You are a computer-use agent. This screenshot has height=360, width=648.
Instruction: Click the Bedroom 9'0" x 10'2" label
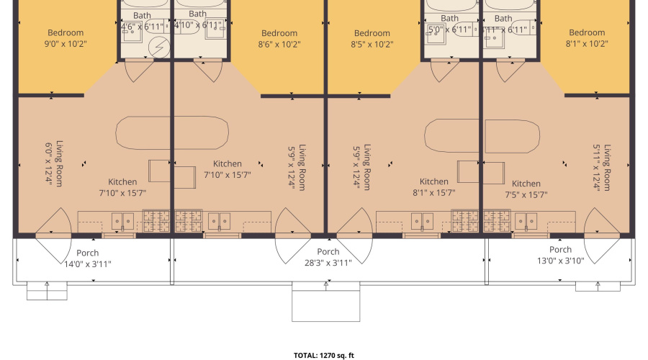(66, 38)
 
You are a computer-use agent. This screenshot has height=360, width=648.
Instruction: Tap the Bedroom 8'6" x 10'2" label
(279, 38)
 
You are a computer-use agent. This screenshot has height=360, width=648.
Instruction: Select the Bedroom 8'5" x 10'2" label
(372, 38)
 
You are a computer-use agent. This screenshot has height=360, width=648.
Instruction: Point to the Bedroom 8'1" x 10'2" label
(587, 38)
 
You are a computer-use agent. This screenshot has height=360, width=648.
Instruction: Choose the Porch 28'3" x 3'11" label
(328, 257)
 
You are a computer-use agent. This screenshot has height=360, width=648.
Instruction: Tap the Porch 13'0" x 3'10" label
(561, 255)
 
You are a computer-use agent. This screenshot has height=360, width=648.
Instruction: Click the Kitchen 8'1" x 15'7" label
(434, 187)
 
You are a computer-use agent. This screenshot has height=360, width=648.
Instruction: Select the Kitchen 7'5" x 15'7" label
(526, 189)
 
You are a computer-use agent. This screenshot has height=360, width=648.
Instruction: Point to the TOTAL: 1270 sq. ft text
(324, 355)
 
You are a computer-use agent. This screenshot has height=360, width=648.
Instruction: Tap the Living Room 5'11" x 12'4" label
(602, 167)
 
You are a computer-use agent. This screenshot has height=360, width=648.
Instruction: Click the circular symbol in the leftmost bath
(158, 47)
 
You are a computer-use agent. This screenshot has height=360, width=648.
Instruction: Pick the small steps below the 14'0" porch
(47, 290)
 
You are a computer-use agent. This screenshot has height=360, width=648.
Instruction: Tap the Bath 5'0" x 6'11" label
(449, 24)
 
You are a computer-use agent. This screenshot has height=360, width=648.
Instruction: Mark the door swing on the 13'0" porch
(602, 238)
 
